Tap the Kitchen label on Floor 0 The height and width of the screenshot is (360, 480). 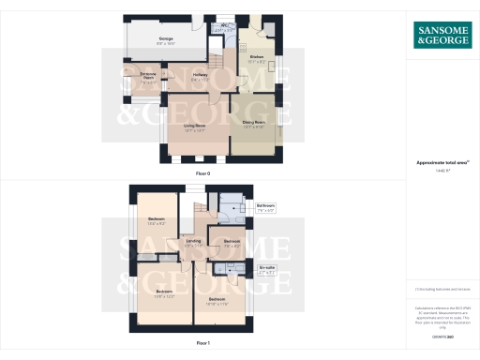pos(257,59)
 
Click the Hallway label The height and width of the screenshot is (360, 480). pos(199,77)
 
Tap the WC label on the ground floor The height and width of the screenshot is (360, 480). pos(225,28)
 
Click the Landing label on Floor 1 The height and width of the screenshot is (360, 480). pos(193,243)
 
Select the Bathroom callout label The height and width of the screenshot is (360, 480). pos(266,207)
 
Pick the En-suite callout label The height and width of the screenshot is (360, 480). pos(267,270)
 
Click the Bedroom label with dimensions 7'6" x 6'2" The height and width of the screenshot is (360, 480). pos(232,244)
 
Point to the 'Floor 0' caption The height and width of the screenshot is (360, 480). pos(203,174)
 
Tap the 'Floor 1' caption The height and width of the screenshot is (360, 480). pos(203,343)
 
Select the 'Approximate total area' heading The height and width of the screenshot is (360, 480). pos(442,162)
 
